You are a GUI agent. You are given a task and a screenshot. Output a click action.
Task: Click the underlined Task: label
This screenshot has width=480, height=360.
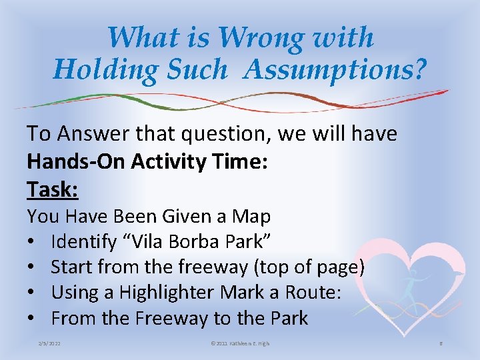click(53, 190)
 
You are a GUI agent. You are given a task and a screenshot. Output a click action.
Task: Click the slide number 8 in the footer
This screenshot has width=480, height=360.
click(441, 343)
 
